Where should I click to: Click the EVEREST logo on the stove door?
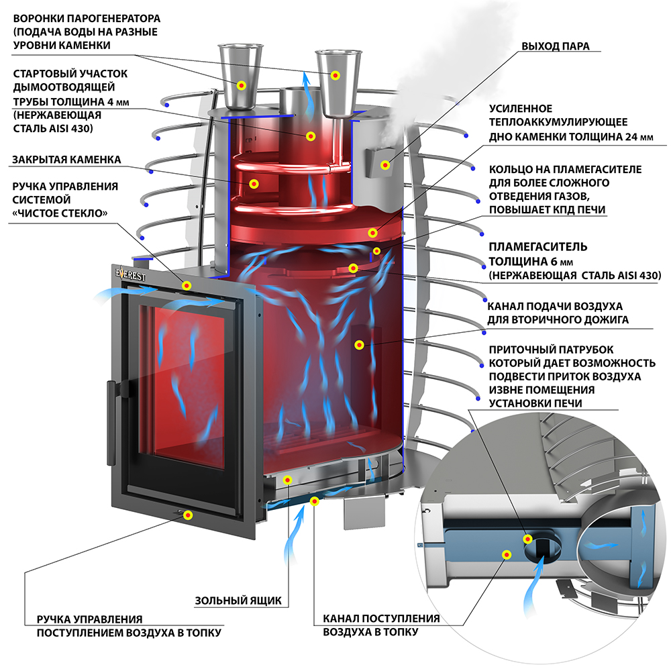132,274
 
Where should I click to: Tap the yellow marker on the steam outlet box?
385,165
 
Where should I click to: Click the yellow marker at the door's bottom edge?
188,515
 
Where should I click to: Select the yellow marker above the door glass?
187,287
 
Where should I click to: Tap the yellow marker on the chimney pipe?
310,136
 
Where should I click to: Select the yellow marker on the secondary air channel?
360,346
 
